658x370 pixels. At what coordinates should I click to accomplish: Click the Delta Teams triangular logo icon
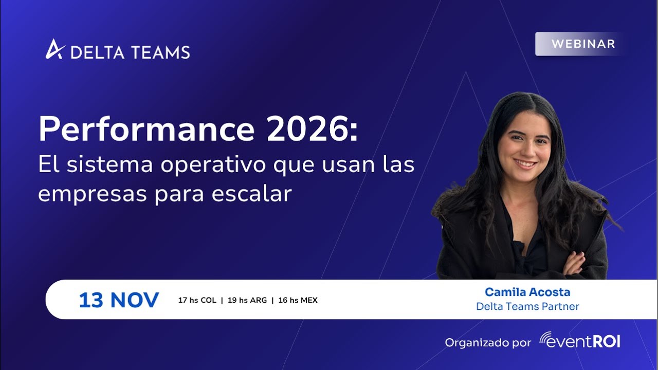54,49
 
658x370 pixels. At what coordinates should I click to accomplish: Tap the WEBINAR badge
583,44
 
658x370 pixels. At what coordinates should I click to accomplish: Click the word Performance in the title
147,129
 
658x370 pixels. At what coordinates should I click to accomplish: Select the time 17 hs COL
197,300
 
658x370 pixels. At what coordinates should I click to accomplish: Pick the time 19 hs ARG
247,300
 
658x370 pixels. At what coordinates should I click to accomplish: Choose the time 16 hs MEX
298,300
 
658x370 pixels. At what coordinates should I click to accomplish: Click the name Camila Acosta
527,292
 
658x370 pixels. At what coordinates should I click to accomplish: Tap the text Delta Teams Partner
527,306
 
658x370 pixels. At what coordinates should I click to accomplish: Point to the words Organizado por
488,342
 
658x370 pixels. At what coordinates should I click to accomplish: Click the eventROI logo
579,340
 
